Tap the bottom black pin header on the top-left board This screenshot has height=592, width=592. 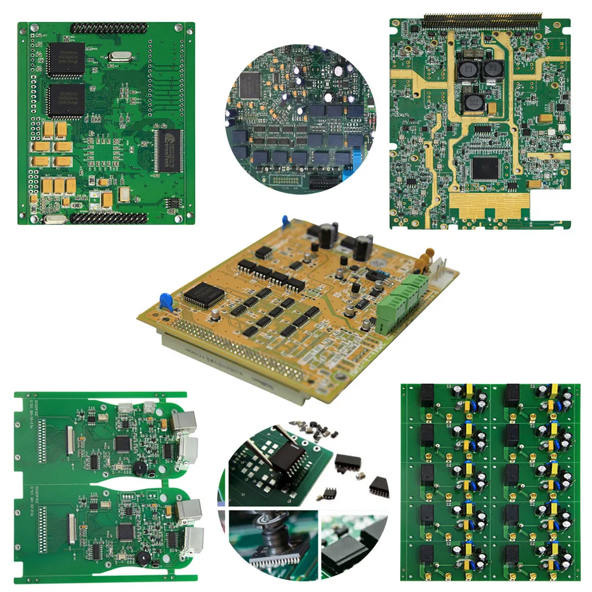click(x=109, y=218)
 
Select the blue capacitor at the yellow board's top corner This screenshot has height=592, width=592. click(x=286, y=221)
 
